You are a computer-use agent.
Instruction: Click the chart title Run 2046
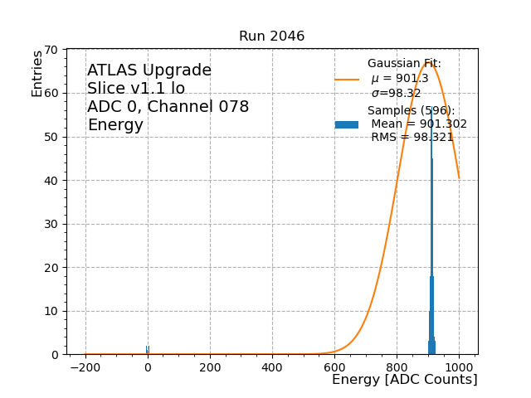point(271,36)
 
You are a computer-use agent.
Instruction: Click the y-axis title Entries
point(37,74)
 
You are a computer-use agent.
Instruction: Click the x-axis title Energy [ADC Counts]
point(404,380)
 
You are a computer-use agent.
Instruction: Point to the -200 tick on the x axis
point(85,366)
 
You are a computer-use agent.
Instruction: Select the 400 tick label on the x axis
point(272,366)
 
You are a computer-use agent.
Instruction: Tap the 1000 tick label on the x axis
point(459,366)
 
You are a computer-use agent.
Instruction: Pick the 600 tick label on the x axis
point(334,366)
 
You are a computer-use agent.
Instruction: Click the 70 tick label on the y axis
point(50,50)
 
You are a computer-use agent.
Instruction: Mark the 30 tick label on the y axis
point(50,224)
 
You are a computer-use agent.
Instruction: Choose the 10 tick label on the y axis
point(50,311)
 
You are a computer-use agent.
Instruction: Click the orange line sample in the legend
point(347,80)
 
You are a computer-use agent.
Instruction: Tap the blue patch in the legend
point(347,124)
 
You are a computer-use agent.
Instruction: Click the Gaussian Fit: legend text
point(404,64)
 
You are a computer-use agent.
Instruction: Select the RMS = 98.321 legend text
point(412,138)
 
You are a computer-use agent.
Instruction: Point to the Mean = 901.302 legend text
point(418,124)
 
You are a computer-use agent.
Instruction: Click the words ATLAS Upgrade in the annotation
point(149,70)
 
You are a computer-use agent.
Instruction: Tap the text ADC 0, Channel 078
point(168,107)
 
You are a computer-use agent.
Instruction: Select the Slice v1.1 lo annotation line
point(136,89)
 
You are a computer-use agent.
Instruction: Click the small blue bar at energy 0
point(148,350)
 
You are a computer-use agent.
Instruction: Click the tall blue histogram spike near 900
point(431,249)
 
